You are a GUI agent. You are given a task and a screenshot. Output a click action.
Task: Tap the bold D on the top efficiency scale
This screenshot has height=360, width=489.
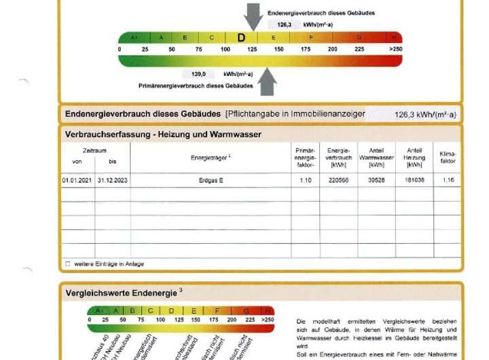241,38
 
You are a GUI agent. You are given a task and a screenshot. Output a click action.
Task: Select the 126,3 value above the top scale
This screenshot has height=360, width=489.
284,24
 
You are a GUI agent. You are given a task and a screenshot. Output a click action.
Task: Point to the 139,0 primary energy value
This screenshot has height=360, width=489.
198,74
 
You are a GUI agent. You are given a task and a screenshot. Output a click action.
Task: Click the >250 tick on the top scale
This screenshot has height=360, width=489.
395,49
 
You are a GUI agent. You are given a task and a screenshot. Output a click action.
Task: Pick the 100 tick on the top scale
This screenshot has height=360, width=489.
225,49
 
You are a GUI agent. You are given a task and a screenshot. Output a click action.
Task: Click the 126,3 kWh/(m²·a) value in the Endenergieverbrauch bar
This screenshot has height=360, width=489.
425,115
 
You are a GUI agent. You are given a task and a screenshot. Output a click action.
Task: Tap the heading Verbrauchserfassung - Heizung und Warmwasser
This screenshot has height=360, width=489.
163,134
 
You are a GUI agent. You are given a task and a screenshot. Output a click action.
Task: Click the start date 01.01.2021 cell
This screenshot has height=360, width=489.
77,181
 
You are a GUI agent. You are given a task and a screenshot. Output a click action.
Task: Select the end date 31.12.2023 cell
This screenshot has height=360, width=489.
112,181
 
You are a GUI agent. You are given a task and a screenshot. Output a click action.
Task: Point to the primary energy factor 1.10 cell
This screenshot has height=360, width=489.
305,181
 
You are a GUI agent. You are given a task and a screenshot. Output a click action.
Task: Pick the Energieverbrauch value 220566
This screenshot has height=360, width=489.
338,181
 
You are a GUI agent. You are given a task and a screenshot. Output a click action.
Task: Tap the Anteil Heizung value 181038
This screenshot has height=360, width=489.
414,181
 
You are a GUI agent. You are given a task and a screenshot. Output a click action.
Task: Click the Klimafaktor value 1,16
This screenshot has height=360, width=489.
448,181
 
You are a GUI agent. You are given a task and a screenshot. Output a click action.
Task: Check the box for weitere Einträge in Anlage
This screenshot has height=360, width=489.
67,264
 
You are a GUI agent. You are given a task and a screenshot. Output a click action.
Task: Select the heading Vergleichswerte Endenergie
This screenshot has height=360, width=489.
122,293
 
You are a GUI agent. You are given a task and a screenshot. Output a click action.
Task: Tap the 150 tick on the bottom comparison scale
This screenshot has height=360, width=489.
196,319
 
